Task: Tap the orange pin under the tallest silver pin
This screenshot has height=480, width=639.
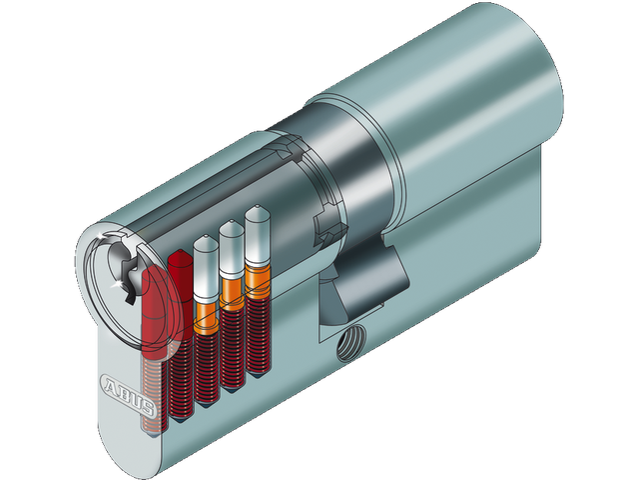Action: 257,284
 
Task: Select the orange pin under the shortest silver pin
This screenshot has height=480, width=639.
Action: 207,314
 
